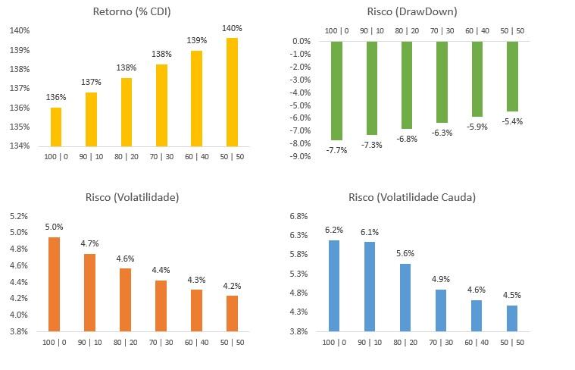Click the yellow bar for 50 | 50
pyautogui.click(x=232, y=91)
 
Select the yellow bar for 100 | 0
pyautogui.click(x=55, y=127)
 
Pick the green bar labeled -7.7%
pyautogui.click(x=337, y=90)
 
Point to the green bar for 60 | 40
pyautogui.click(x=478, y=79)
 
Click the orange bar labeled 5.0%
pyautogui.click(x=54, y=284)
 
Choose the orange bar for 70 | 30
pyautogui.click(x=161, y=306)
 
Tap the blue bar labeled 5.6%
pyautogui.click(x=405, y=296)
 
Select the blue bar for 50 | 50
pyautogui.click(x=512, y=318)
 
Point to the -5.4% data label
pyautogui.click(x=512, y=121)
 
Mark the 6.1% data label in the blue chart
pyautogui.click(x=370, y=232)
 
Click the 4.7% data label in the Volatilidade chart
pyautogui.click(x=89, y=243)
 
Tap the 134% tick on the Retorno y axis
pyautogui.click(x=20, y=146)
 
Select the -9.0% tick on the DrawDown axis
pyautogui.click(x=302, y=157)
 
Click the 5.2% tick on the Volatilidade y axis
pyautogui.click(x=20, y=216)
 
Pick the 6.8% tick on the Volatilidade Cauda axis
pyautogui.click(x=298, y=216)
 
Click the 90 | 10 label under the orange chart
pyautogui.click(x=90, y=343)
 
